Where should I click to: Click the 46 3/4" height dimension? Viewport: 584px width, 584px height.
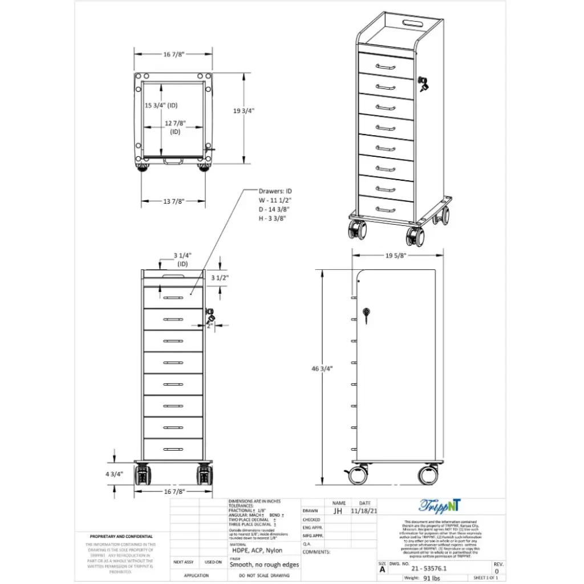[x=322, y=368]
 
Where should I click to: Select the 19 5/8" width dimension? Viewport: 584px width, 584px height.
[x=394, y=255]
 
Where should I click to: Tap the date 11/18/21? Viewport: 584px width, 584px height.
[x=364, y=512]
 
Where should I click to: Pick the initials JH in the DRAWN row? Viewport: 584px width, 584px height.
[x=339, y=512]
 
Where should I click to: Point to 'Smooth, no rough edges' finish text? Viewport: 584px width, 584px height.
[x=264, y=565]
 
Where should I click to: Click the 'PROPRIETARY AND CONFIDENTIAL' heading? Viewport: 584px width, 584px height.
[x=121, y=537]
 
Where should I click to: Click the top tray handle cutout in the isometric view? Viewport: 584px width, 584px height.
[x=412, y=23]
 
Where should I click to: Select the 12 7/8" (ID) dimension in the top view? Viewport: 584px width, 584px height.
[x=175, y=127]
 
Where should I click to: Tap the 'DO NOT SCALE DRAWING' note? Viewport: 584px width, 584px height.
[x=264, y=576]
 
